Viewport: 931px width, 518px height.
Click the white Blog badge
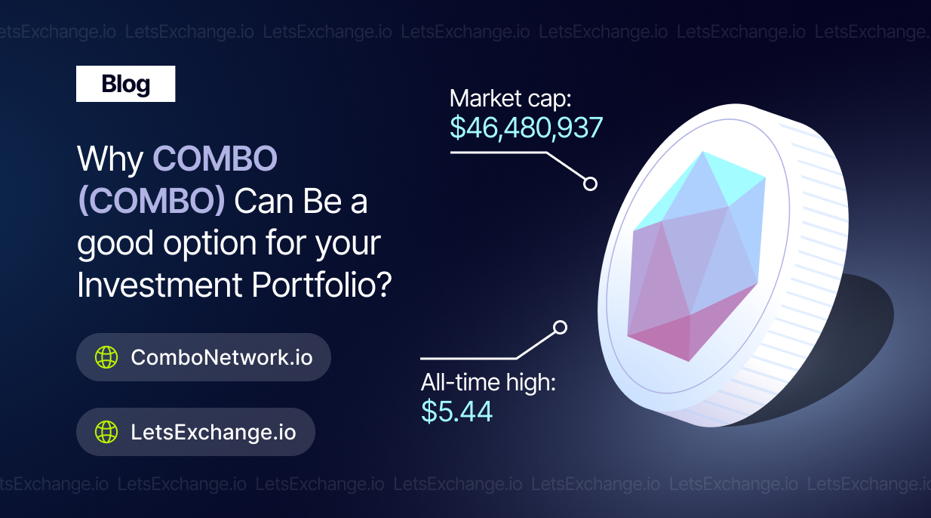pyautogui.click(x=125, y=84)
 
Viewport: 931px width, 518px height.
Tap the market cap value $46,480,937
pyautogui.click(x=526, y=128)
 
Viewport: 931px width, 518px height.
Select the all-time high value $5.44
pyautogui.click(x=456, y=412)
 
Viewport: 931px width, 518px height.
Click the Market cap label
pyautogui.click(x=510, y=99)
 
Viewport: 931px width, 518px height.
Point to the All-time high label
pyautogui.click(x=488, y=382)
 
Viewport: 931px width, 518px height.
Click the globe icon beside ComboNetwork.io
pyautogui.click(x=106, y=357)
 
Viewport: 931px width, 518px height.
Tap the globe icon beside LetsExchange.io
pyautogui.click(x=106, y=432)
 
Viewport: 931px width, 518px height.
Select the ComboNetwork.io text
pyautogui.click(x=222, y=357)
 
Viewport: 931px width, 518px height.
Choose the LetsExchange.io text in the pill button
pyautogui.click(x=214, y=432)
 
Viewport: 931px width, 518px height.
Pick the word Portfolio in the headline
pyautogui.click(x=321, y=285)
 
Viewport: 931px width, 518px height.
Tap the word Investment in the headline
pyautogui.click(x=160, y=285)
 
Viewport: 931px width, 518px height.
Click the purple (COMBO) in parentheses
pyautogui.click(x=152, y=202)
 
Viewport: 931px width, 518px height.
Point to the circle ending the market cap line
pyautogui.click(x=590, y=183)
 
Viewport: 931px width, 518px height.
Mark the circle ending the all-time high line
pyautogui.click(x=561, y=328)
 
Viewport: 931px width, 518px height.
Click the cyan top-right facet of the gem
pyautogui.click(x=736, y=177)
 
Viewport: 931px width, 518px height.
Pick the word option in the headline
pyautogui.click(x=210, y=244)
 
